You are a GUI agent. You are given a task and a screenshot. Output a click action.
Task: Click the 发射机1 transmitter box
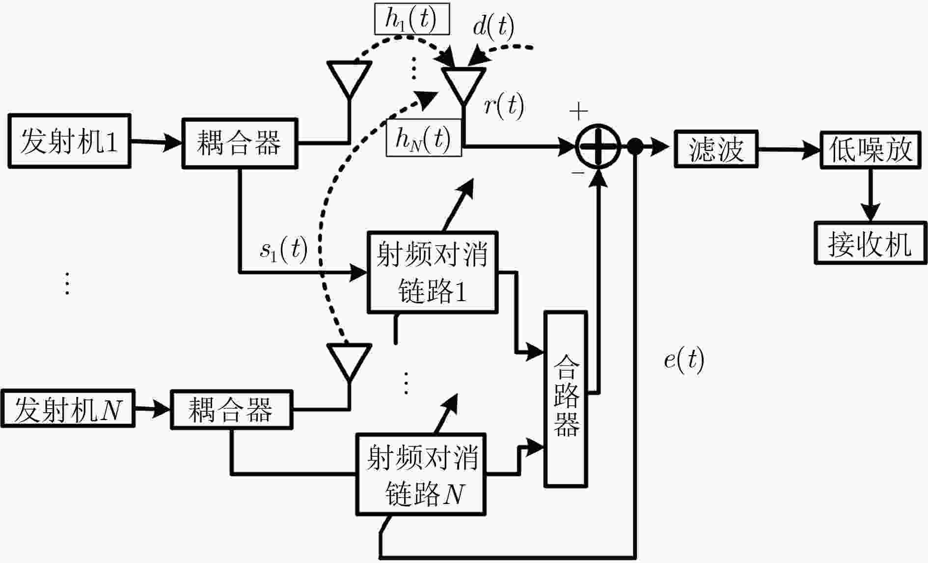pos(69,141)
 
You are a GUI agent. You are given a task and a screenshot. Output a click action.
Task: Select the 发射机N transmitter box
pos(68,409)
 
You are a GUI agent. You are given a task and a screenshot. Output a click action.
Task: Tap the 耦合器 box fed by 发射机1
pos(240,143)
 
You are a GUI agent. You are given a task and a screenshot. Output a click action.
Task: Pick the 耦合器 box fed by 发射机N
pos(231,410)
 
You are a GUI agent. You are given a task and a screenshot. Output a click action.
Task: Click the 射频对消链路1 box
pos(433,272)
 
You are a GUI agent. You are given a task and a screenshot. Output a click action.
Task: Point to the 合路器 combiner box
pos(566,399)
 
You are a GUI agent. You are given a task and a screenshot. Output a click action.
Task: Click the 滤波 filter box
pos(716,149)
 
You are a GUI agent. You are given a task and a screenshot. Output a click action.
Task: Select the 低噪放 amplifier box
pos(871,149)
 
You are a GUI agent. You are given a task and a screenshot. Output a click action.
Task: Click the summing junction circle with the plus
pos(598,146)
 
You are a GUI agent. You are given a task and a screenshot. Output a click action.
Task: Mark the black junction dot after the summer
pos(635,146)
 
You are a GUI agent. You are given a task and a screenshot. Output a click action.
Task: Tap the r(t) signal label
pos(504,105)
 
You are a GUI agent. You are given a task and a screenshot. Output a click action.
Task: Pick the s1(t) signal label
pos(284,249)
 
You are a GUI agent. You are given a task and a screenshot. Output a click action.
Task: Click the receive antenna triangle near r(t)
pos(464,84)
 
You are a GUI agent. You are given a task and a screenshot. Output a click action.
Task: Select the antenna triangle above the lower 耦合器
pos(349,362)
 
